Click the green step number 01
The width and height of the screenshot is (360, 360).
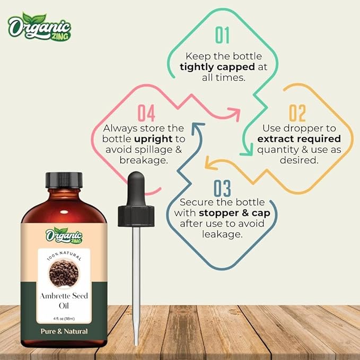click(x=222, y=35)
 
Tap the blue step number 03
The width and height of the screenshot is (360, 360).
click(x=223, y=188)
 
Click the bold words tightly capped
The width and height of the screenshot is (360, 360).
click(x=215, y=67)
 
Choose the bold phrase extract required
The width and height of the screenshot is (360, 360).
click(x=298, y=139)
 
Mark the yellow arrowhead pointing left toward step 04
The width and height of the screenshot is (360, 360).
click(x=209, y=165)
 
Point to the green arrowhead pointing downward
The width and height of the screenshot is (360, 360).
click(x=245, y=152)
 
